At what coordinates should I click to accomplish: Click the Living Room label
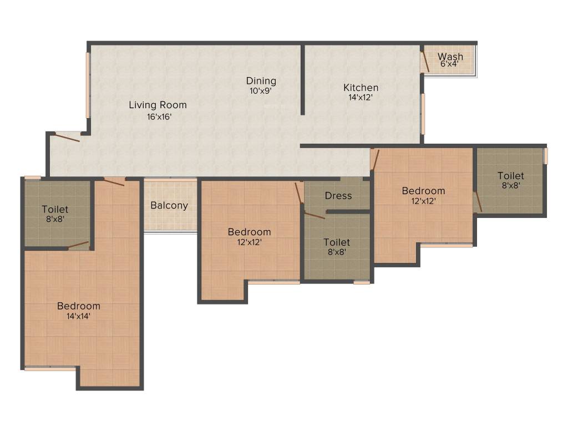point(158,105)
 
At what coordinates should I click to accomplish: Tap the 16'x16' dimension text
point(158,116)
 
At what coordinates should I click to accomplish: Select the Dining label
point(261,81)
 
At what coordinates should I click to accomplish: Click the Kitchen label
point(361,88)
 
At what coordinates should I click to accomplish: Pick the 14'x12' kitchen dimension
point(361,97)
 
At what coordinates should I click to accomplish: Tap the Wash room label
point(450,57)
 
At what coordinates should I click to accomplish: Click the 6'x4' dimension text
point(450,64)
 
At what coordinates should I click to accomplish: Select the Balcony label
point(169,205)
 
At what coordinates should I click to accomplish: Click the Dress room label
point(338,196)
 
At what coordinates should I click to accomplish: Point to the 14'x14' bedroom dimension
point(79,316)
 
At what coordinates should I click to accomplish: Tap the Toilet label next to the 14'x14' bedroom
point(55,210)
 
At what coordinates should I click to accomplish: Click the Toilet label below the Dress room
point(337,242)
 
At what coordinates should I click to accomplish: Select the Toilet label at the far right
point(511,176)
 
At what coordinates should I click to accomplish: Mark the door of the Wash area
point(425,60)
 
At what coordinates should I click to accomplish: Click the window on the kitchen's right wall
point(423,114)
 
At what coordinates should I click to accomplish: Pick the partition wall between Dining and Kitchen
point(303,80)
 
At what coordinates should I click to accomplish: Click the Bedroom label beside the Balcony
point(250,232)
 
